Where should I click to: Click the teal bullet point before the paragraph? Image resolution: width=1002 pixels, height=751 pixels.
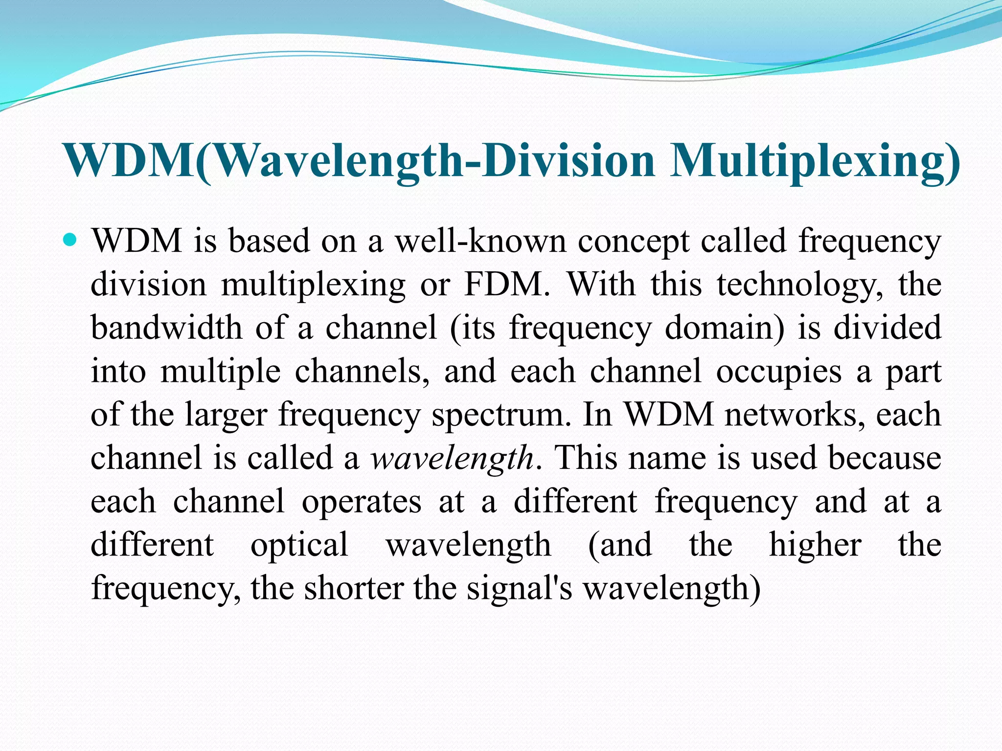70,240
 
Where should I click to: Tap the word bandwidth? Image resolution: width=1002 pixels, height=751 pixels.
166,327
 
